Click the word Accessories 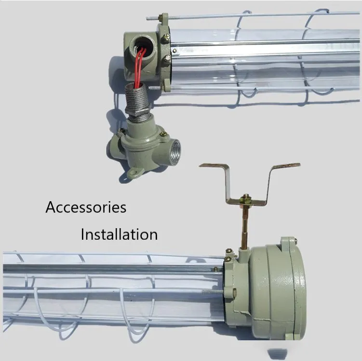point(86,207)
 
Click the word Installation point(119,234)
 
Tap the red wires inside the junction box point(140,67)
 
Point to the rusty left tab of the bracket point(213,165)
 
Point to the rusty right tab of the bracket point(287,165)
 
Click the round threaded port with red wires point(141,47)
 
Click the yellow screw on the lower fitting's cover point(163,134)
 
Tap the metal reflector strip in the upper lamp point(266,50)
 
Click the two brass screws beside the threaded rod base point(228,255)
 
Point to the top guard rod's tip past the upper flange point(147,18)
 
